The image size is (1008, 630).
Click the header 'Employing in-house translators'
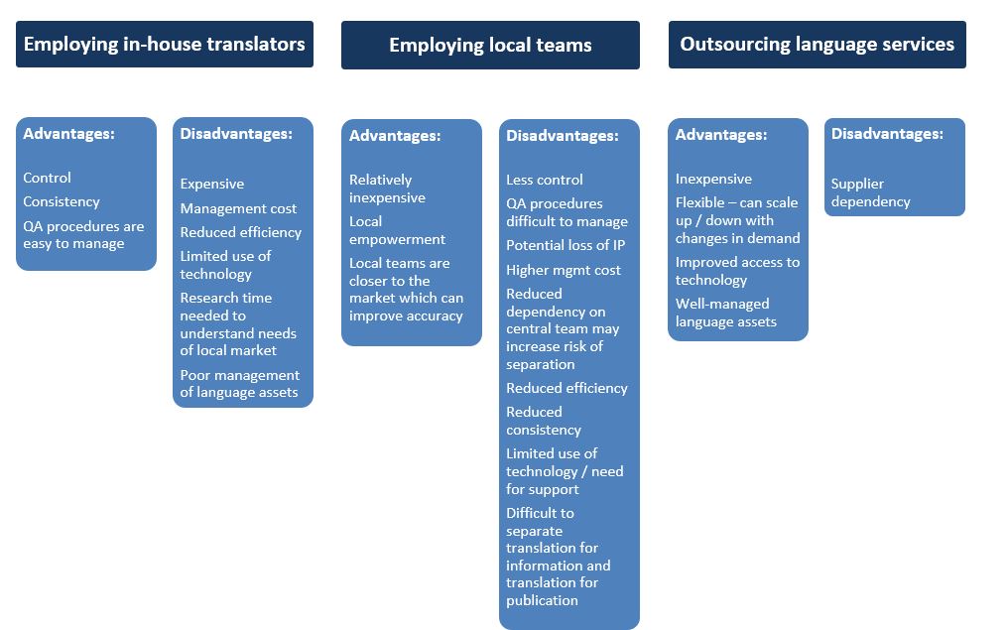pos(165,45)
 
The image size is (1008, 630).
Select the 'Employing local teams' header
pos(490,45)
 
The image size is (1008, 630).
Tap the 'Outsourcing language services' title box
pos(818,45)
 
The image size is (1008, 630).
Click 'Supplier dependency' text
pos(870,192)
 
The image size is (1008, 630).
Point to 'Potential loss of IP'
pos(566,246)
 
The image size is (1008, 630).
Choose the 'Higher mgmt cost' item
pos(564,270)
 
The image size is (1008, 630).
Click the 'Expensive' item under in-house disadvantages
pos(212,184)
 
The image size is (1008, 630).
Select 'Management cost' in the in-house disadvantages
pos(238,208)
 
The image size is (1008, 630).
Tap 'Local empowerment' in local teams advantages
pos(397,230)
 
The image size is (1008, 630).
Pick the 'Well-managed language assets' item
pos(726,314)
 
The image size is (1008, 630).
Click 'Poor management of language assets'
pos(239,384)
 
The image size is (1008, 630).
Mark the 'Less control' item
pos(545,180)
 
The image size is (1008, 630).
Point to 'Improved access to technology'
pos(737,271)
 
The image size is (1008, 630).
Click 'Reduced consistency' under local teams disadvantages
pos(544,421)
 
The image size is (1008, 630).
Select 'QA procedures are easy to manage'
pos(83,235)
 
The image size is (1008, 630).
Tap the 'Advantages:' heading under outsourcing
pos(720,135)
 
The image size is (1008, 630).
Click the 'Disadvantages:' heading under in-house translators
pos(236,134)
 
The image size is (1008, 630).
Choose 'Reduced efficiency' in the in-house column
pos(240,232)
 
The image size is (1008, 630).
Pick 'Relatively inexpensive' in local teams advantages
pos(387,189)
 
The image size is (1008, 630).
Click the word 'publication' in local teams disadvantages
pos(542,600)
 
